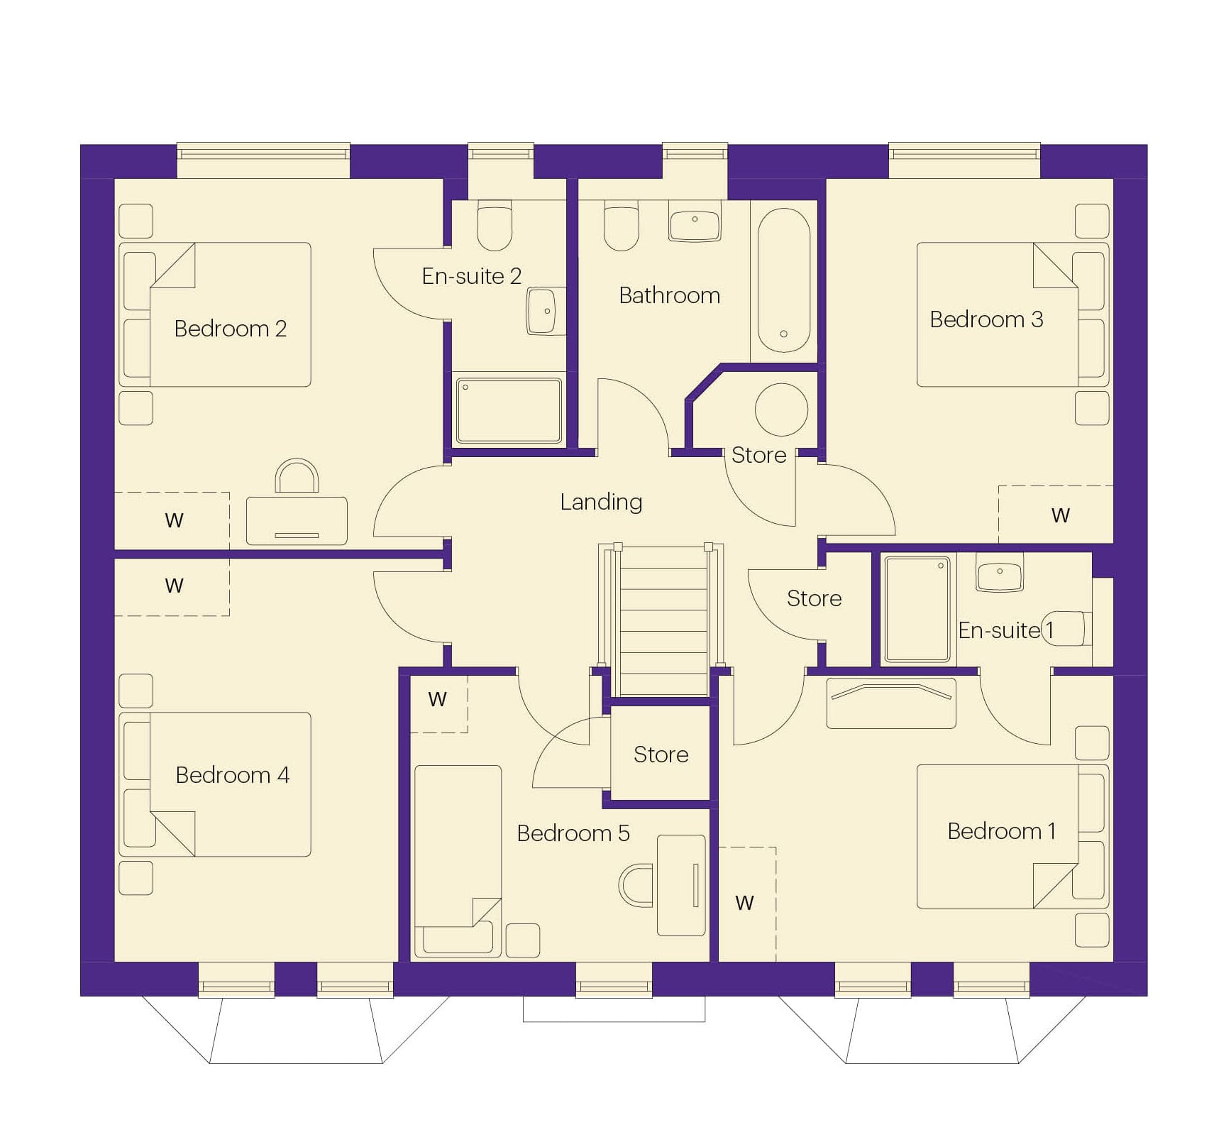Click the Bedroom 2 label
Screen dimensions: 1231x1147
pyautogui.click(x=231, y=329)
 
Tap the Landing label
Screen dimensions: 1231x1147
pyautogui.click(x=601, y=503)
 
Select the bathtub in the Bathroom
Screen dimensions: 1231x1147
pyautogui.click(x=784, y=280)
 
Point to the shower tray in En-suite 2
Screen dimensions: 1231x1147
pyautogui.click(x=509, y=411)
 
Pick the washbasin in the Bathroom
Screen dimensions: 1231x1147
pyautogui.click(x=695, y=221)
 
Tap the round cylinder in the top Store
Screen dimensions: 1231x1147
pyautogui.click(x=782, y=410)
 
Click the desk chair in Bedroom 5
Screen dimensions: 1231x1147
pyautogui.click(x=636, y=885)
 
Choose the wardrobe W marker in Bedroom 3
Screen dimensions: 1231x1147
pyautogui.click(x=1060, y=516)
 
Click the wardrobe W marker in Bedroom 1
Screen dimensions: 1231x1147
pyautogui.click(x=744, y=904)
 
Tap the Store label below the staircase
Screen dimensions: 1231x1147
pyautogui.click(x=661, y=754)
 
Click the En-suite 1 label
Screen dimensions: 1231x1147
pyautogui.click(x=1005, y=630)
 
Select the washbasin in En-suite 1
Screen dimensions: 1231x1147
pyautogui.click(x=1000, y=573)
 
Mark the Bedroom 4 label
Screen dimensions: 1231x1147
pyautogui.click(x=233, y=775)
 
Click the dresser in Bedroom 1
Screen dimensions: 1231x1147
pyautogui.click(x=891, y=703)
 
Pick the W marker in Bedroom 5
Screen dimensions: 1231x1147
pyautogui.click(x=438, y=700)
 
